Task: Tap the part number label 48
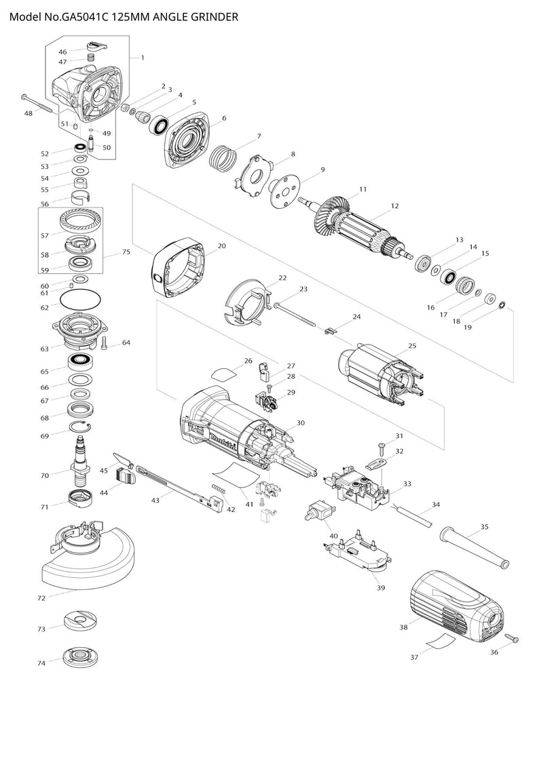point(28,113)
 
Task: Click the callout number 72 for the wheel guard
point(41,598)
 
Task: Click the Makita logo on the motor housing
point(223,441)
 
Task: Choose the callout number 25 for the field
point(412,346)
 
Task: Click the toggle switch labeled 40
point(320,511)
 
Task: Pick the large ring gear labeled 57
point(81,222)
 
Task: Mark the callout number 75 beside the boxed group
point(126,252)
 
